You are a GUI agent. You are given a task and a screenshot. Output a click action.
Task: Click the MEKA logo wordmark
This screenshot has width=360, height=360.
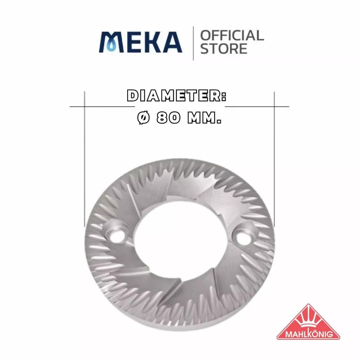(140, 42)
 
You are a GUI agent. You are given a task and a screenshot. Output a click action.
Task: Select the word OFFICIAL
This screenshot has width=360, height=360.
(232, 36)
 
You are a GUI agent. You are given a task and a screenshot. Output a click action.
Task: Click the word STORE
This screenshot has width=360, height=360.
(224, 49)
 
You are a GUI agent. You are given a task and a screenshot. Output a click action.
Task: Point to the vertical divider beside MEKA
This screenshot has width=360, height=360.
(193, 43)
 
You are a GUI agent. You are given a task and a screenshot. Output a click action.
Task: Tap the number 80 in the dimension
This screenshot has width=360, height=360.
(168, 118)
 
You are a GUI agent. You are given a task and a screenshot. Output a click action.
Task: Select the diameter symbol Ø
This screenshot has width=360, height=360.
(144, 118)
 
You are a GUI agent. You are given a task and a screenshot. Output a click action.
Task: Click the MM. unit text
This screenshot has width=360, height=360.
(204, 118)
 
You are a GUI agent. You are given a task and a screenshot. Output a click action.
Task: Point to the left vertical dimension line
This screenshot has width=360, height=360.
(84, 159)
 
